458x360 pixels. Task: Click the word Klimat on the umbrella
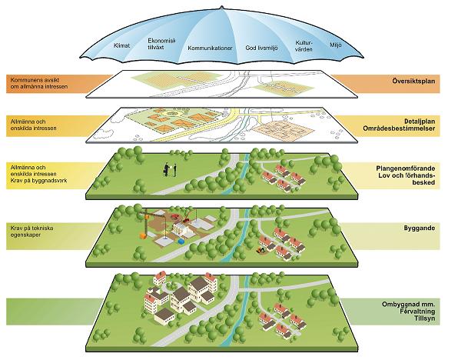coord(121,45)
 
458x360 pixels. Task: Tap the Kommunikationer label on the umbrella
coord(210,48)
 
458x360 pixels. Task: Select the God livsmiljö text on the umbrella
coord(261,48)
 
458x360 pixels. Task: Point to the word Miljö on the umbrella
coord(336,45)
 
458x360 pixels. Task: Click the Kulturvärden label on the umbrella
coord(304,46)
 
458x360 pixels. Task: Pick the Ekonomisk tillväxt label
coord(161,44)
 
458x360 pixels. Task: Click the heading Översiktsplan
coord(413,81)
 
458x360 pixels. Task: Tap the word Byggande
coord(420,228)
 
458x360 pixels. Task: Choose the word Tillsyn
coord(424,318)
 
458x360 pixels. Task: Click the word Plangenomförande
coord(406,168)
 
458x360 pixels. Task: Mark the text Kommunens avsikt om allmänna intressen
coord(39,83)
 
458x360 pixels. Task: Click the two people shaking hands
coord(170,170)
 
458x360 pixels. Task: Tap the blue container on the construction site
coord(181,242)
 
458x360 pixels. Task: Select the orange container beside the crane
coord(143,235)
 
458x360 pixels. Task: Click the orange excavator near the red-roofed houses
coord(260,250)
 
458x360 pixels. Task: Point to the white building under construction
coord(181,228)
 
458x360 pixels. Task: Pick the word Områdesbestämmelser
coord(399,128)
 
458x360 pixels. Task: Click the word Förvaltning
coord(418,312)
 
